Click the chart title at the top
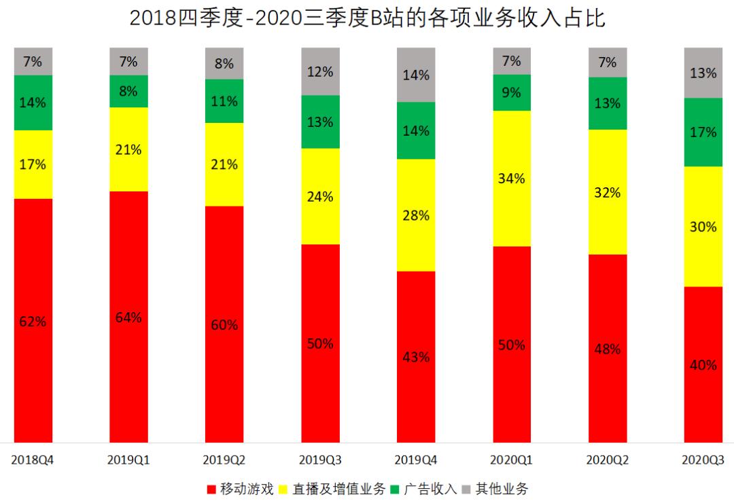click(x=367, y=18)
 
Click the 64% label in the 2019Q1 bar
click(x=128, y=317)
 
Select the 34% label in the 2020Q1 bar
click(x=512, y=179)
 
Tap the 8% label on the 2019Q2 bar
click(x=224, y=64)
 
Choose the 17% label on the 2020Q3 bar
click(x=703, y=132)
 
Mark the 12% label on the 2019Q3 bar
click(x=320, y=71)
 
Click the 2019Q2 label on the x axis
click(x=224, y=460)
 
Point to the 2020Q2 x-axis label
click(x=607, y=460)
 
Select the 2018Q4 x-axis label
click(x=33, y=460)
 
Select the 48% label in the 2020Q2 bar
click(x=607, y=349)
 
